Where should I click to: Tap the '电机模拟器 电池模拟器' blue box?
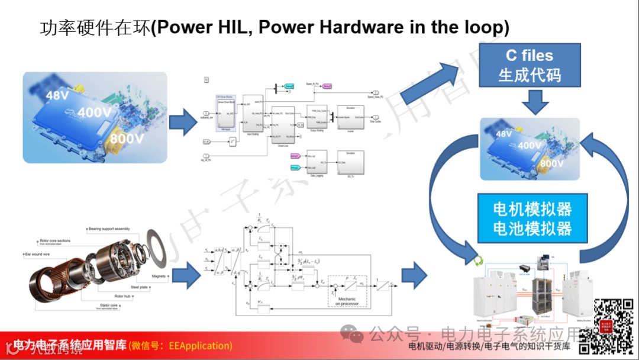[x=532, y=218]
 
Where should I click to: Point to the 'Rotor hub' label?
[x=109, y=295]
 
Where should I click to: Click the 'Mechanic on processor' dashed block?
[x=347, y=291]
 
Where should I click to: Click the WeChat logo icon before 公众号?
[x=356, y=336]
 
